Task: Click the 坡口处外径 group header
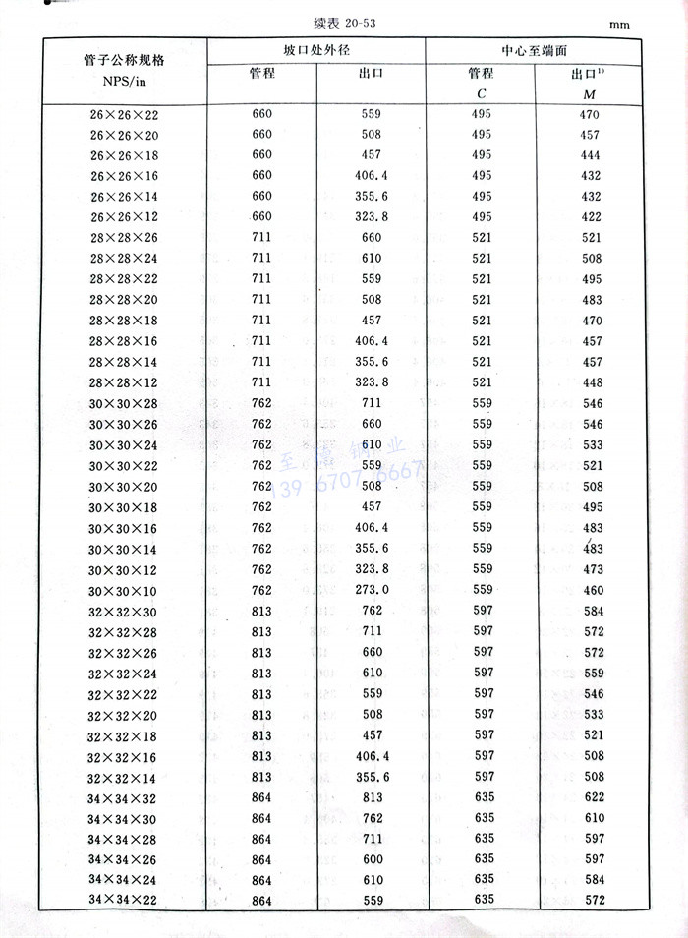315,49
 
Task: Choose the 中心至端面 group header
536,49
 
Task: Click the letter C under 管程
481,93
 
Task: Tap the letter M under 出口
590,93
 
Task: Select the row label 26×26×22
124,116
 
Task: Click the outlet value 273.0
372,590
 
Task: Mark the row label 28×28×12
124,381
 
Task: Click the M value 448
590,382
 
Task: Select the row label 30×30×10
123,591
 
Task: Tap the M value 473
590,570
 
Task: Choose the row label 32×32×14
123,777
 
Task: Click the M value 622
590,797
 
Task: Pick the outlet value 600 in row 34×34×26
372,859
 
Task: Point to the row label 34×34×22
123,901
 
